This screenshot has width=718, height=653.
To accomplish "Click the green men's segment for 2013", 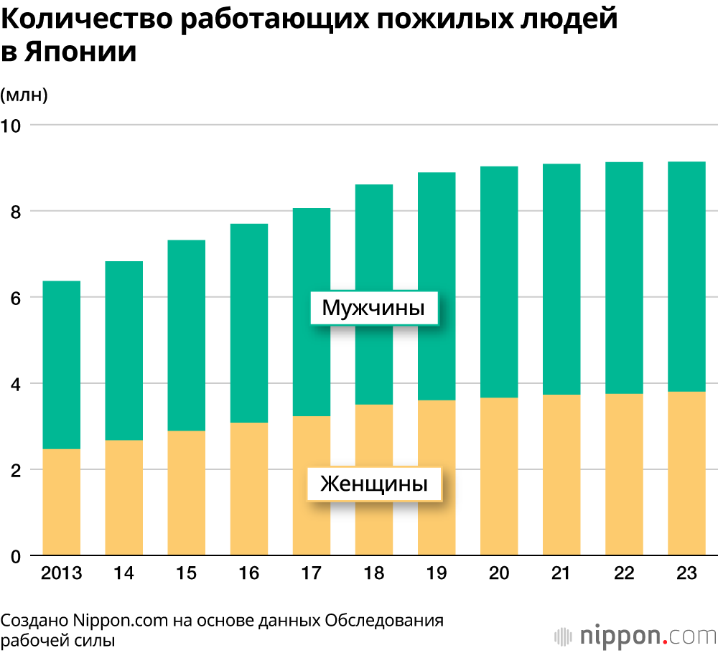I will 62,365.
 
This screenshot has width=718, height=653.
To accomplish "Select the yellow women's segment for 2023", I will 686,474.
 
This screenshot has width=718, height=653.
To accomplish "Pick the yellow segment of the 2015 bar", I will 187,493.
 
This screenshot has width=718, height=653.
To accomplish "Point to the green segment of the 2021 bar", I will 561,279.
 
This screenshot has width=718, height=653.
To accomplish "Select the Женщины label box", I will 373,484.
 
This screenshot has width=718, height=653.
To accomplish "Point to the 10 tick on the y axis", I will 13,126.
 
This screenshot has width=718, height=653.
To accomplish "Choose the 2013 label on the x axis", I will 62,573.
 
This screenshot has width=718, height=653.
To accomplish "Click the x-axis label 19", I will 436,573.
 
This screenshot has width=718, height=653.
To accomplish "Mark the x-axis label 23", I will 686,573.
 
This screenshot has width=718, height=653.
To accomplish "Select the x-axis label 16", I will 249,573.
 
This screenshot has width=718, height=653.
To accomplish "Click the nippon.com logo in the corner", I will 636,634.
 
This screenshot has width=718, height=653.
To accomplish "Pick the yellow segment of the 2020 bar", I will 499,476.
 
